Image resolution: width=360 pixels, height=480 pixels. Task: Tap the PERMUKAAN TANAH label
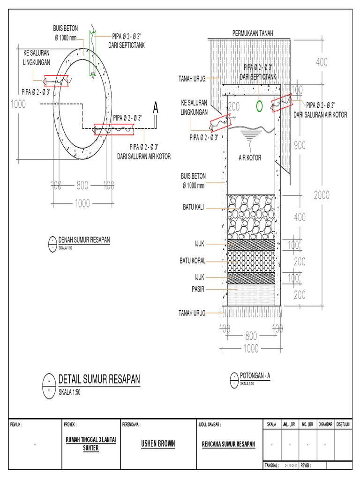[253, 33]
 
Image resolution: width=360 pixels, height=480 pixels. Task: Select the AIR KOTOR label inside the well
[248, 157]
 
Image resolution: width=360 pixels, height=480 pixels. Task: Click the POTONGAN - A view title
[255, 375]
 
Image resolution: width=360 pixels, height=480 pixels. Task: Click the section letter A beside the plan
[156, 109]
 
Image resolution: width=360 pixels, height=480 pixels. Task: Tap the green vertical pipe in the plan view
[92, 54]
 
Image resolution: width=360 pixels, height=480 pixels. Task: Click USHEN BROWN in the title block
[157, 442]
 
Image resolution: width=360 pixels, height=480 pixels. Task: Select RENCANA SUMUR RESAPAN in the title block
[228, 443]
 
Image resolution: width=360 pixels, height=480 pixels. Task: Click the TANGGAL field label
[271, 466]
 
